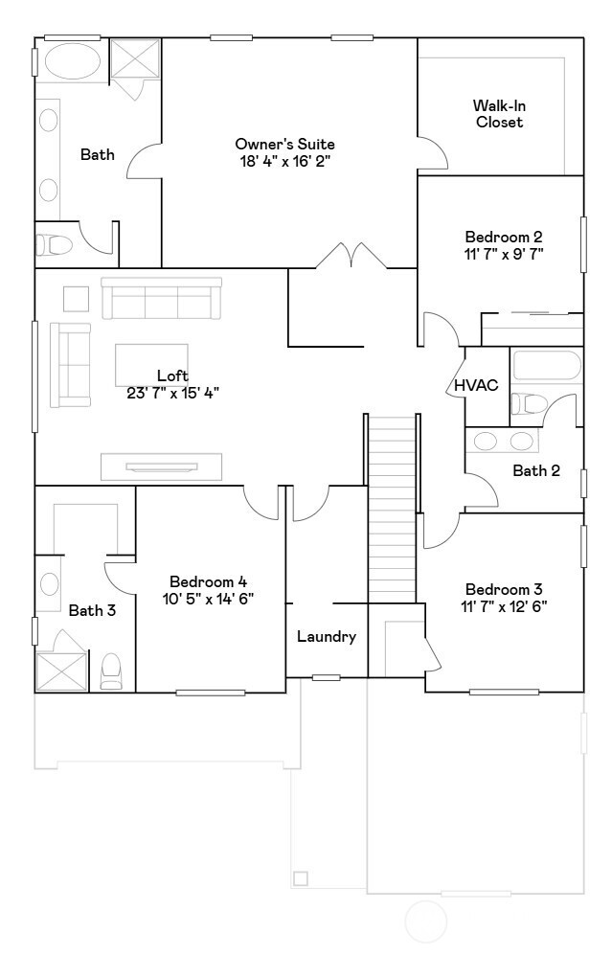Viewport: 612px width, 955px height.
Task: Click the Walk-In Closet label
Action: tap(498, 114)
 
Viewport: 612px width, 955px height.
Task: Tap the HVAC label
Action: tap(476, 385)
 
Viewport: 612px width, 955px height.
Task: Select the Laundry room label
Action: tap(327, 636)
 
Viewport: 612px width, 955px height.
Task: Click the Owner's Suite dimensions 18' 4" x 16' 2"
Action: tap(285, 161)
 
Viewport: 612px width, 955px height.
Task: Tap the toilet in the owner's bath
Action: tap(55, 245)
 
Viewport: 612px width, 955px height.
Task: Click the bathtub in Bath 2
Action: tap(547, 367)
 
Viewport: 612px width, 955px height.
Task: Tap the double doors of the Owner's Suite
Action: tap(351, 256)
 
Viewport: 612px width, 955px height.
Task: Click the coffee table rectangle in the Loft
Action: tap(151, 364)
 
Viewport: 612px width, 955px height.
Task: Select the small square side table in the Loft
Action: tap(77, 300)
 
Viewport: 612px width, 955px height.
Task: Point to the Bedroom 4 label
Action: tap(208, 581)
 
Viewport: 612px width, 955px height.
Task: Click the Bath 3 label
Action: tap(92, 610)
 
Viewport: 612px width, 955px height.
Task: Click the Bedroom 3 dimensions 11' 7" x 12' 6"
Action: tap(506, 606)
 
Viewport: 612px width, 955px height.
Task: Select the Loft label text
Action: tap(172, 376)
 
